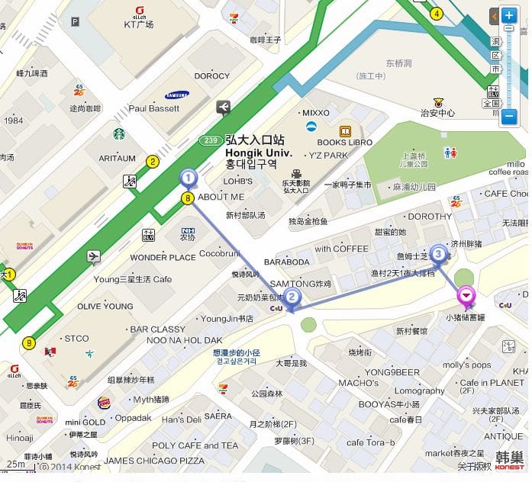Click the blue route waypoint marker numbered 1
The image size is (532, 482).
tap(188, 178)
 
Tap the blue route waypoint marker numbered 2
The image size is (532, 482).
tap(294, 298)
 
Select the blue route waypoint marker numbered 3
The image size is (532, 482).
tap(438, 254)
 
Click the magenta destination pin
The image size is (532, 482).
tap(466, 295)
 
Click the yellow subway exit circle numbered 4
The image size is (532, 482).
tap(437, 13)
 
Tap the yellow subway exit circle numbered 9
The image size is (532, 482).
tap(29, 343)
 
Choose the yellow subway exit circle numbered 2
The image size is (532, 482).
tap(153, 161)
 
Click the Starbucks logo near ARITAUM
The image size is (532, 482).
tap(119, 134)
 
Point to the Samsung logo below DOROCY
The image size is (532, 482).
tap(177, 95)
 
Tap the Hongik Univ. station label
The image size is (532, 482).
tap(255, 152)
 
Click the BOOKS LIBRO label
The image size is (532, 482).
tap(344, 143)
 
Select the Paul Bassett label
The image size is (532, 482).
tap(153, 108)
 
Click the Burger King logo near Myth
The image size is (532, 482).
tap(105, 403)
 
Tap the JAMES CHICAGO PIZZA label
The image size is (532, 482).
tap(154, 461)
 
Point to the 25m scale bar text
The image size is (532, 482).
tap(15, 463)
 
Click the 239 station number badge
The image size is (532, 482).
tap(211, 140)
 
